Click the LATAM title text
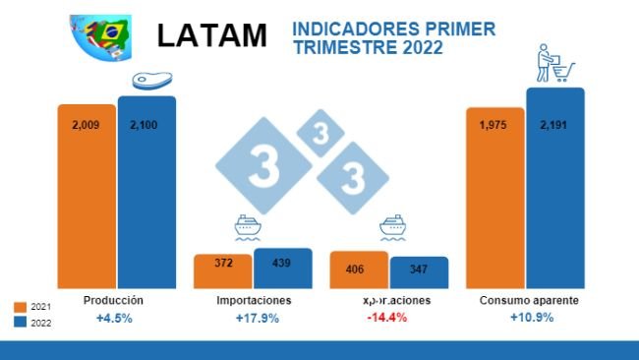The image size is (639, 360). pos(212,36)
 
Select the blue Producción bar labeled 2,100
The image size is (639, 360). pos(146,191)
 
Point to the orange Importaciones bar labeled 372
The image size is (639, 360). pos(222,270)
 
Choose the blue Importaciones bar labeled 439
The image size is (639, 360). pos(282,267)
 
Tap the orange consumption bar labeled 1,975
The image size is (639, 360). pos(494,198)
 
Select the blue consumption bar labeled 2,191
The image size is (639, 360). pos(554,187)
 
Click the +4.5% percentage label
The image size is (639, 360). pos(114,318)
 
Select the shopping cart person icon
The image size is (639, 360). pos(552,66)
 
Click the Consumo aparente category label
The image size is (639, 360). pos(529,300)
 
